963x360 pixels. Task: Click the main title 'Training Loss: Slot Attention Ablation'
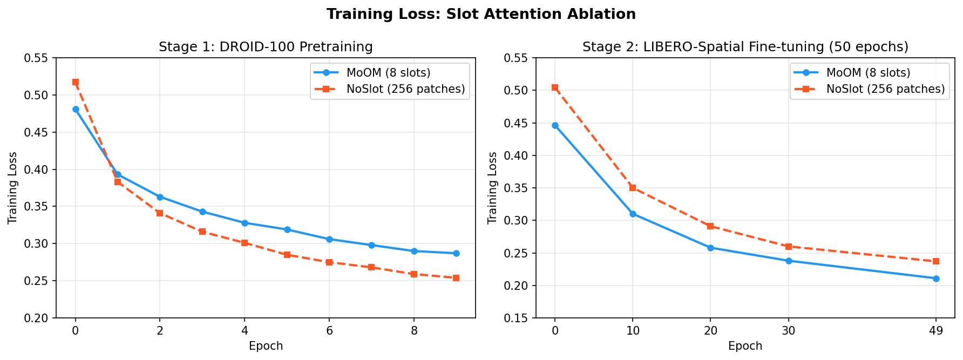(x=481, y=15)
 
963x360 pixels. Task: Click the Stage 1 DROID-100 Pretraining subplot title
(x=266, y=47)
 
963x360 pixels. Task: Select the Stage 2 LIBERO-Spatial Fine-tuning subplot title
(x=745, y=47)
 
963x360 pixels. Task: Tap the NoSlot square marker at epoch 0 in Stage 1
(x=76, y=83)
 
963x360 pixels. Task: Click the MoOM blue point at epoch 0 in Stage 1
(x=76, y=109)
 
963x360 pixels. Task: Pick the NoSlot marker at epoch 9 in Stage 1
(x=456, y=278)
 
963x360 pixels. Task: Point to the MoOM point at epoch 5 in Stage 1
(x=287, y=229)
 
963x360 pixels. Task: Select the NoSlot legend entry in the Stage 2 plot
(x=885, y=89)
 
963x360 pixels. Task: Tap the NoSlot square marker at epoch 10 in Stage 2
(x=633, y=188)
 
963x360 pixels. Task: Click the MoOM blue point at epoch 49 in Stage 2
(x=936, y=279)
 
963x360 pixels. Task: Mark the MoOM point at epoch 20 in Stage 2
(x=710, y=248)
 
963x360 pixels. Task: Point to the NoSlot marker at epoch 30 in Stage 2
(x=789, y=247)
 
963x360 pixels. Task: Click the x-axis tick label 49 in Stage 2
(x=936, y=330)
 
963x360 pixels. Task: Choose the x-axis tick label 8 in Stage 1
(x=414, y=330)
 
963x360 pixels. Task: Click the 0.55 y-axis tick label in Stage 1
(x=37, y=58)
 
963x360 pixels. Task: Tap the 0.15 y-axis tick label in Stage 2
(x=516, y=318)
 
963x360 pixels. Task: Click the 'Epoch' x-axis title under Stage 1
(x=266, y=346)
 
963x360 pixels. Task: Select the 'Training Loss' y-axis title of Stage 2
(x=492, y=188)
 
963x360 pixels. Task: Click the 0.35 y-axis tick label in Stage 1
(x=37, y=207)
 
